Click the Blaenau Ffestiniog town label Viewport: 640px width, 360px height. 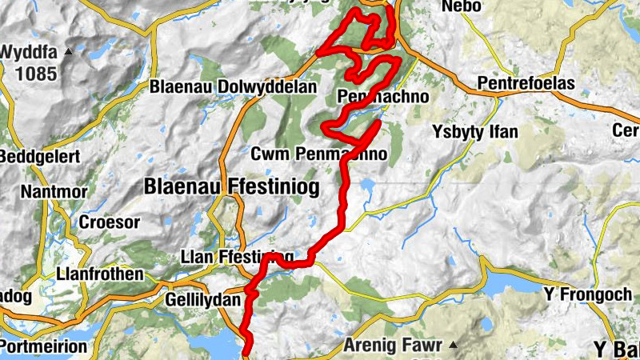231,187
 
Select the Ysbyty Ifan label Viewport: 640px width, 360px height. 474,130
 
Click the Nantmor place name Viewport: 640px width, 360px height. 50,192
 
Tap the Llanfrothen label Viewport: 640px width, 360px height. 100,274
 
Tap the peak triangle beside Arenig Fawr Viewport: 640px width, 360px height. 453,346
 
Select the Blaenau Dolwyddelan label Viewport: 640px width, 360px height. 234,86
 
